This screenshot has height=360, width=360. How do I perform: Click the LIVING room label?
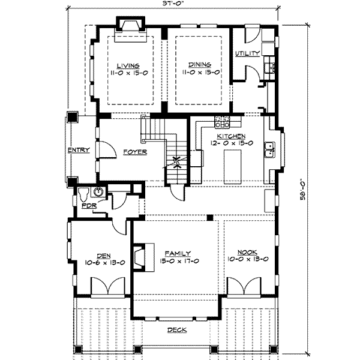pos(129,65)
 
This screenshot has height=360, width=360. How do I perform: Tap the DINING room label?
pos(197,65)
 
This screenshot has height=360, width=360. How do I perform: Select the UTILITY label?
pos(247,54)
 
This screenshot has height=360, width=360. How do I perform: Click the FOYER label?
pos(135,152)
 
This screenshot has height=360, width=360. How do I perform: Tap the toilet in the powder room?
pos(86,193)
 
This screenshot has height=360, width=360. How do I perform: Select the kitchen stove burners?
pos(223,122)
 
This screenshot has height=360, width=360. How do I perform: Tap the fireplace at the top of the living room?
pos(130,25)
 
